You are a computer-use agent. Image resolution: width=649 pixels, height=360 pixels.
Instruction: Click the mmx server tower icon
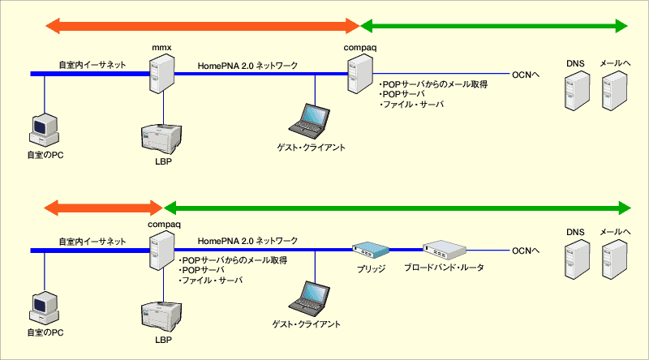(161, 74)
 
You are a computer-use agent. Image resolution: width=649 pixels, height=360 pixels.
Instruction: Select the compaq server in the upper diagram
(360, 74)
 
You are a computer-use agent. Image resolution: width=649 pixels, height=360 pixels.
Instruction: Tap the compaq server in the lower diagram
(161, 251)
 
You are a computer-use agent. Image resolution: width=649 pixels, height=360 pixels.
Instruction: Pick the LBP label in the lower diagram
(164, 340)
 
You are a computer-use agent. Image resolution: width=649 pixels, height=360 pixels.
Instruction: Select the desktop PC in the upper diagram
(45, 130)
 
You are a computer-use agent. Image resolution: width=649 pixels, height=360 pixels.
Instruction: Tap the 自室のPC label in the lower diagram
(45, 332)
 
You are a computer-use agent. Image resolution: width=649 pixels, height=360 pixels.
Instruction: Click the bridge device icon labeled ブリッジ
(371, 250)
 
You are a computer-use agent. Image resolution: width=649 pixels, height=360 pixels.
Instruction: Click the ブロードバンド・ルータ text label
(444, 268)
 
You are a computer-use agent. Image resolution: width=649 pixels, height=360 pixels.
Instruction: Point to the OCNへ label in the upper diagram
(526, 75)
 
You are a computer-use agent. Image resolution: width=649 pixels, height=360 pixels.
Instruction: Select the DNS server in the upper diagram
(578, 91)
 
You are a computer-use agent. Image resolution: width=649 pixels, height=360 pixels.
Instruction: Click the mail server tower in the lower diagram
(615, 259)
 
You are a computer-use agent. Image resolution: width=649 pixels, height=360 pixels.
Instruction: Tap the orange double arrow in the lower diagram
(103, 208)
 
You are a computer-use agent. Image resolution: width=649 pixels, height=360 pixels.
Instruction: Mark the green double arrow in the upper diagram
(494, 26)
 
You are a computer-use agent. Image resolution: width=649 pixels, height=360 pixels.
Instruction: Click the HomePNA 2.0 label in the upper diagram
(226, 66)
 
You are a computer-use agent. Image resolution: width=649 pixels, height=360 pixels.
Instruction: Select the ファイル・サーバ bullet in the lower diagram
(211, 281)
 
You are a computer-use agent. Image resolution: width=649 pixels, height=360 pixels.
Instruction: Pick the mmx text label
(161, 48)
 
